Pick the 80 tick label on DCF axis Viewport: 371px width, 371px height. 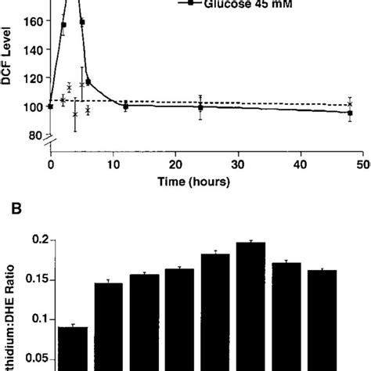tap(32, 135)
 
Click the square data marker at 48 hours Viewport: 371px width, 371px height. tap(350, 113)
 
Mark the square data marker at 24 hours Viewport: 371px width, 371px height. tap(200, 107)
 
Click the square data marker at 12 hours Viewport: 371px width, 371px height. tap(125, 106)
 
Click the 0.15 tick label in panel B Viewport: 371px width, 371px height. tap(40, 279)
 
